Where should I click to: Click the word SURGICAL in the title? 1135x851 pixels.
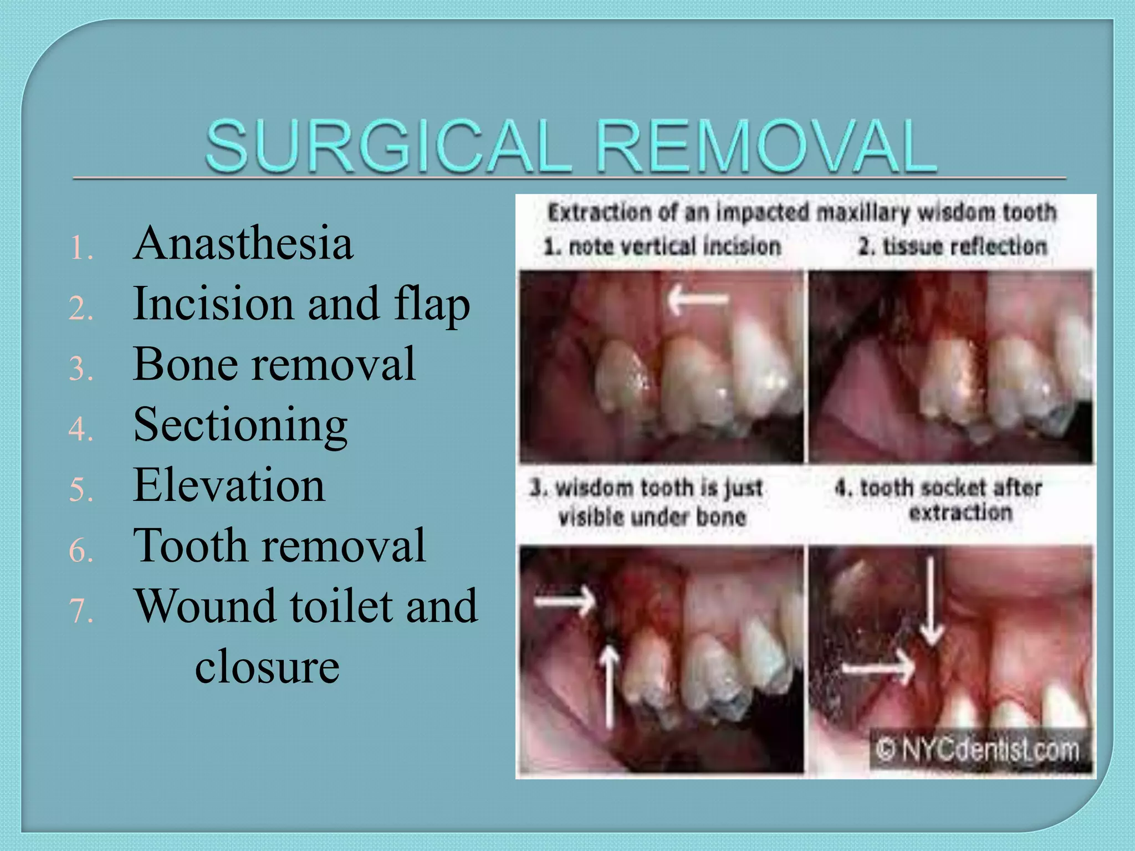tap(388, 146)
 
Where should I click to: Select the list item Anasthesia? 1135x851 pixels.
tap(243, 244)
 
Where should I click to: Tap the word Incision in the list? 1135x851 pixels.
tap(213, 304)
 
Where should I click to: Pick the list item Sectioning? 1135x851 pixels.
tap(240, 425)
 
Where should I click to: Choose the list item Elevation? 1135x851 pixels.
tap(229, 485)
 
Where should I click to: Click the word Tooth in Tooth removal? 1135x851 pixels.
tap(190, 546)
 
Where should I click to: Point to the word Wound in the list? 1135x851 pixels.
tap(206, 606)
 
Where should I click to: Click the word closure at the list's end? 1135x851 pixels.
tap(267, 666)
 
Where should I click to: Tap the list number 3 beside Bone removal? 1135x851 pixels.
tap(80, 369)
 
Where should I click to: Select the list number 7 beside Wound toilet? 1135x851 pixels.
tap(81, 611)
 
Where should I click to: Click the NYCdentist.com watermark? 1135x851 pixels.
tap(978, 750)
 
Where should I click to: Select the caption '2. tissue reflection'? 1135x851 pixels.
tap(952, 246)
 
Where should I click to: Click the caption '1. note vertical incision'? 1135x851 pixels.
tap(662, 246)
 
